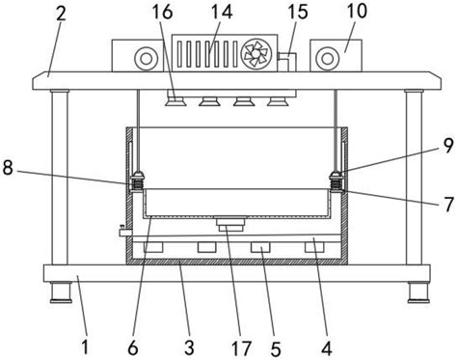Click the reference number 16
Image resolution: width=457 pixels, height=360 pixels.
163,12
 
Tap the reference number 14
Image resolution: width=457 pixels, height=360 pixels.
222,12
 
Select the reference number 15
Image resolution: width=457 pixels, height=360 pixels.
298,12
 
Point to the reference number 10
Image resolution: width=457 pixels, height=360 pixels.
357,11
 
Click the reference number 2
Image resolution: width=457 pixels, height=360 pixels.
61,14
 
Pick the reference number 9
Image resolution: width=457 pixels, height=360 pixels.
448,147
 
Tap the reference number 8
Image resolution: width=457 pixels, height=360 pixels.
8,168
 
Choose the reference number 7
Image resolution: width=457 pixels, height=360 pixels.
448,204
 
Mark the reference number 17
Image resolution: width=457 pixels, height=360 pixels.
241,348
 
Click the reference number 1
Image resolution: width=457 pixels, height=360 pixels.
85,347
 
